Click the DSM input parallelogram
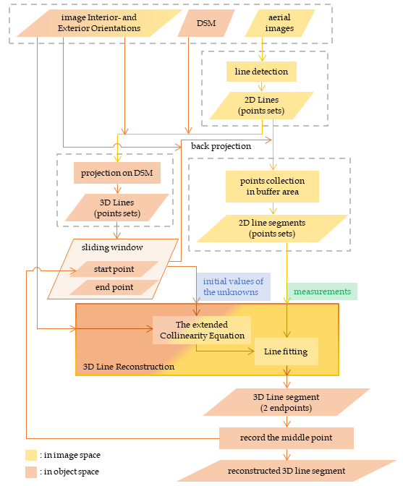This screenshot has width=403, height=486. click(x=206, y=23)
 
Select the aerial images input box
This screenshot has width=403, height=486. click(x=280, y=23)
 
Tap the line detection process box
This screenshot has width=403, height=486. click(x=261, y=72)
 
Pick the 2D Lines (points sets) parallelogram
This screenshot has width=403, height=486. click(x=262, y=106)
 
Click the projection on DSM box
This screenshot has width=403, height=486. click(x=117, y=173)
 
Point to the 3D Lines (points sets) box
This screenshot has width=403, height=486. click(x=117, y=208)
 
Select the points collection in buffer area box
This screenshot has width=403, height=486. click(x=272, y=187)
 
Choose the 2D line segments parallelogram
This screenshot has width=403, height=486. click(x=272, y=229)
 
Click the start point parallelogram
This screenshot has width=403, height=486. click(x=114, y=269)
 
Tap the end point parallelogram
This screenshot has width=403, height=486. click(x=114, y=287)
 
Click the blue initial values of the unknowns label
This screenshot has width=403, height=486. click(x=234, y=286)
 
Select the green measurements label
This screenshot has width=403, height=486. click(x=322, y=291)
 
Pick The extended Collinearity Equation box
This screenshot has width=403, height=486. click(x=202, y=330)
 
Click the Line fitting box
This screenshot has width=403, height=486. click(x=287, y=351)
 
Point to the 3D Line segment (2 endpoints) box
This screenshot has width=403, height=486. click(x=287, y=402)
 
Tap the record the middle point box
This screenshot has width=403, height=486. click(x=287, y=438)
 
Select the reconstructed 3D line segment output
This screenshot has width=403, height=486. click(x=287, y=471)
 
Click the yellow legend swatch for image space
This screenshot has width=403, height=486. click(x=31, y=456)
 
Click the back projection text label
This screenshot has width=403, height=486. click(x=221, y=146)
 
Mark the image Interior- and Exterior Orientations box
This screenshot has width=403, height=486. click(x=99, y=23)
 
